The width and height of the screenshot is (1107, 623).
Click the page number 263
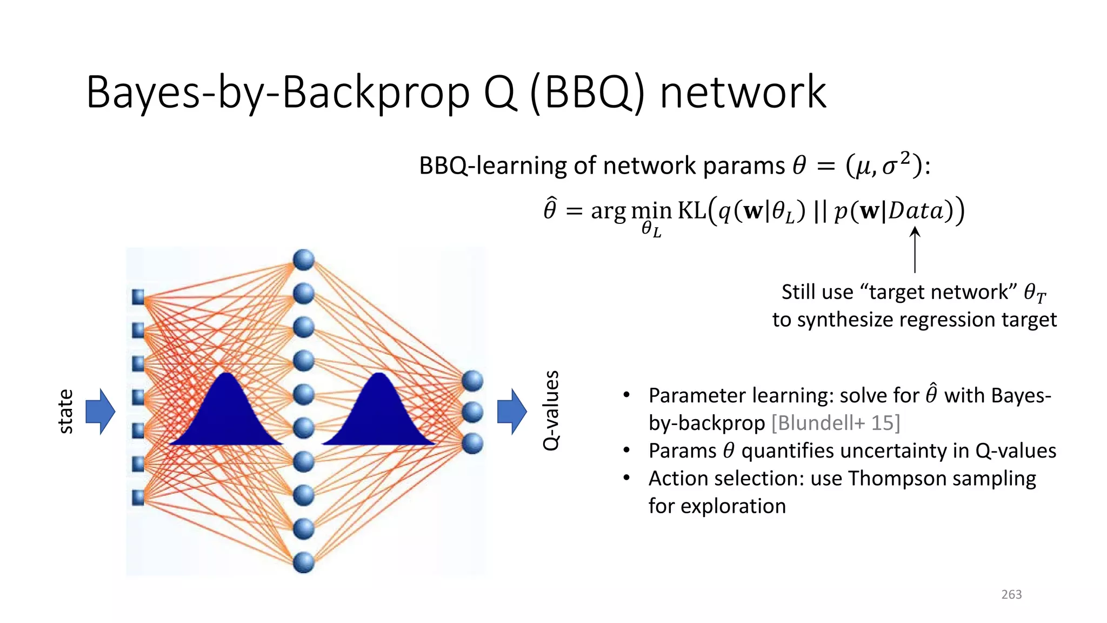[1011, 594]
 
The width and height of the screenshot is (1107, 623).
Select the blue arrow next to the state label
[101, 412]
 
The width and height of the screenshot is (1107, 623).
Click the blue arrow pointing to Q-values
[511, 412]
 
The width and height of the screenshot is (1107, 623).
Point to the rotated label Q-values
[551, 410]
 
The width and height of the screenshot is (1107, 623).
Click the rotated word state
[65, 412]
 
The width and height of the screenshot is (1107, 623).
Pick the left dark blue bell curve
[226, 414]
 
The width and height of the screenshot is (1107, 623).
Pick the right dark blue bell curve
[380, 414]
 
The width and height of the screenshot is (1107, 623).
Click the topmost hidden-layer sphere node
[304, 260]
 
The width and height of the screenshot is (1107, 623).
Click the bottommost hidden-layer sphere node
[304, 562]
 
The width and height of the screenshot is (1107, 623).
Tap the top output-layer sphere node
[472, 381]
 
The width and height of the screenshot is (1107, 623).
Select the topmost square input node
[138, 297]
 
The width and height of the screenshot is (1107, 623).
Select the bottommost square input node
[138, 497]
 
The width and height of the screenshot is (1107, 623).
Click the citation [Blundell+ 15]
[836, 423]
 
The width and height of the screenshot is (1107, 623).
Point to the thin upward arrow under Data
[915, 250]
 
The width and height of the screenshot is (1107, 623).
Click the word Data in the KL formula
[916, 211]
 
